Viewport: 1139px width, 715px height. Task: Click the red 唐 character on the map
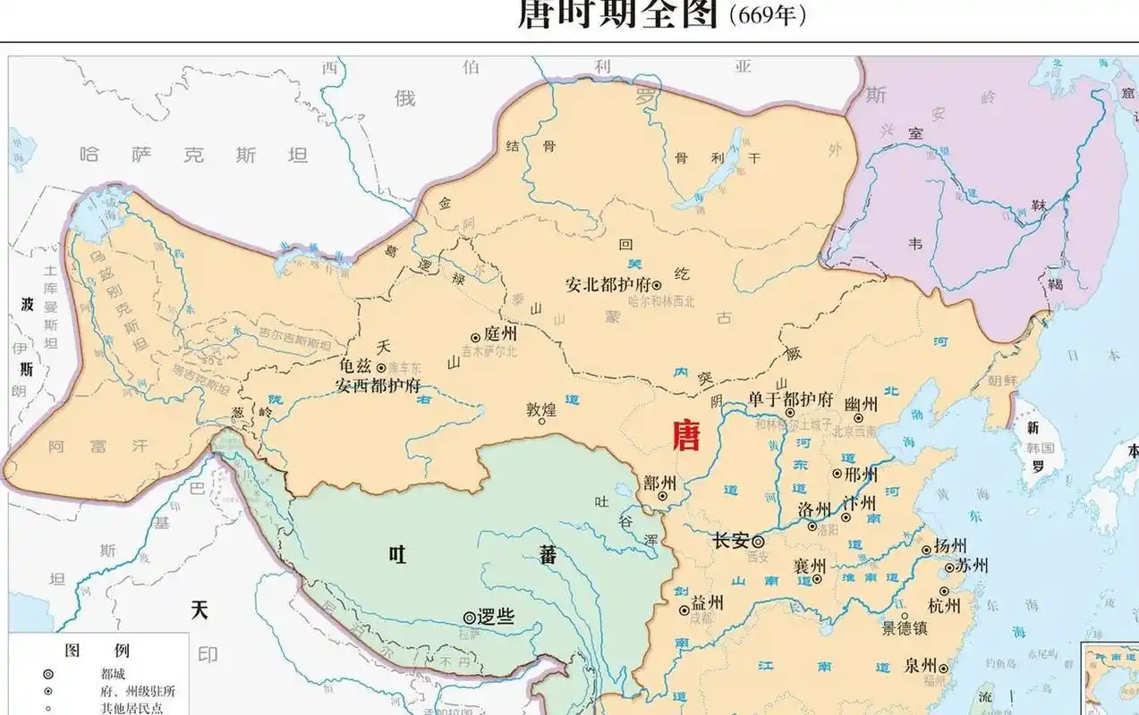click(687, 437)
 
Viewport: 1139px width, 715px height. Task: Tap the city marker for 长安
click(758, 542)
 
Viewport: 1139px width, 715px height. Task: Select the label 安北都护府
click(607, 285)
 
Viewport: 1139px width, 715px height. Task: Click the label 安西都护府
click(378, 386)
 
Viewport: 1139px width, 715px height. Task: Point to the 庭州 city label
click(500, 333)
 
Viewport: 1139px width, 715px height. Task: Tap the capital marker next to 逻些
click(469, 617)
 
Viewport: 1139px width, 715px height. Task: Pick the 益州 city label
click(706, 603)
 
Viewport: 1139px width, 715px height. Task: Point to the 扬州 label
click(949, 546)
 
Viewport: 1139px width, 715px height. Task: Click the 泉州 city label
click(920, 666)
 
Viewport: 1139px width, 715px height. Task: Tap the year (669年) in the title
click(768, 16)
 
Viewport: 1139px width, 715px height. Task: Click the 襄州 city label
click(810, 566)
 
